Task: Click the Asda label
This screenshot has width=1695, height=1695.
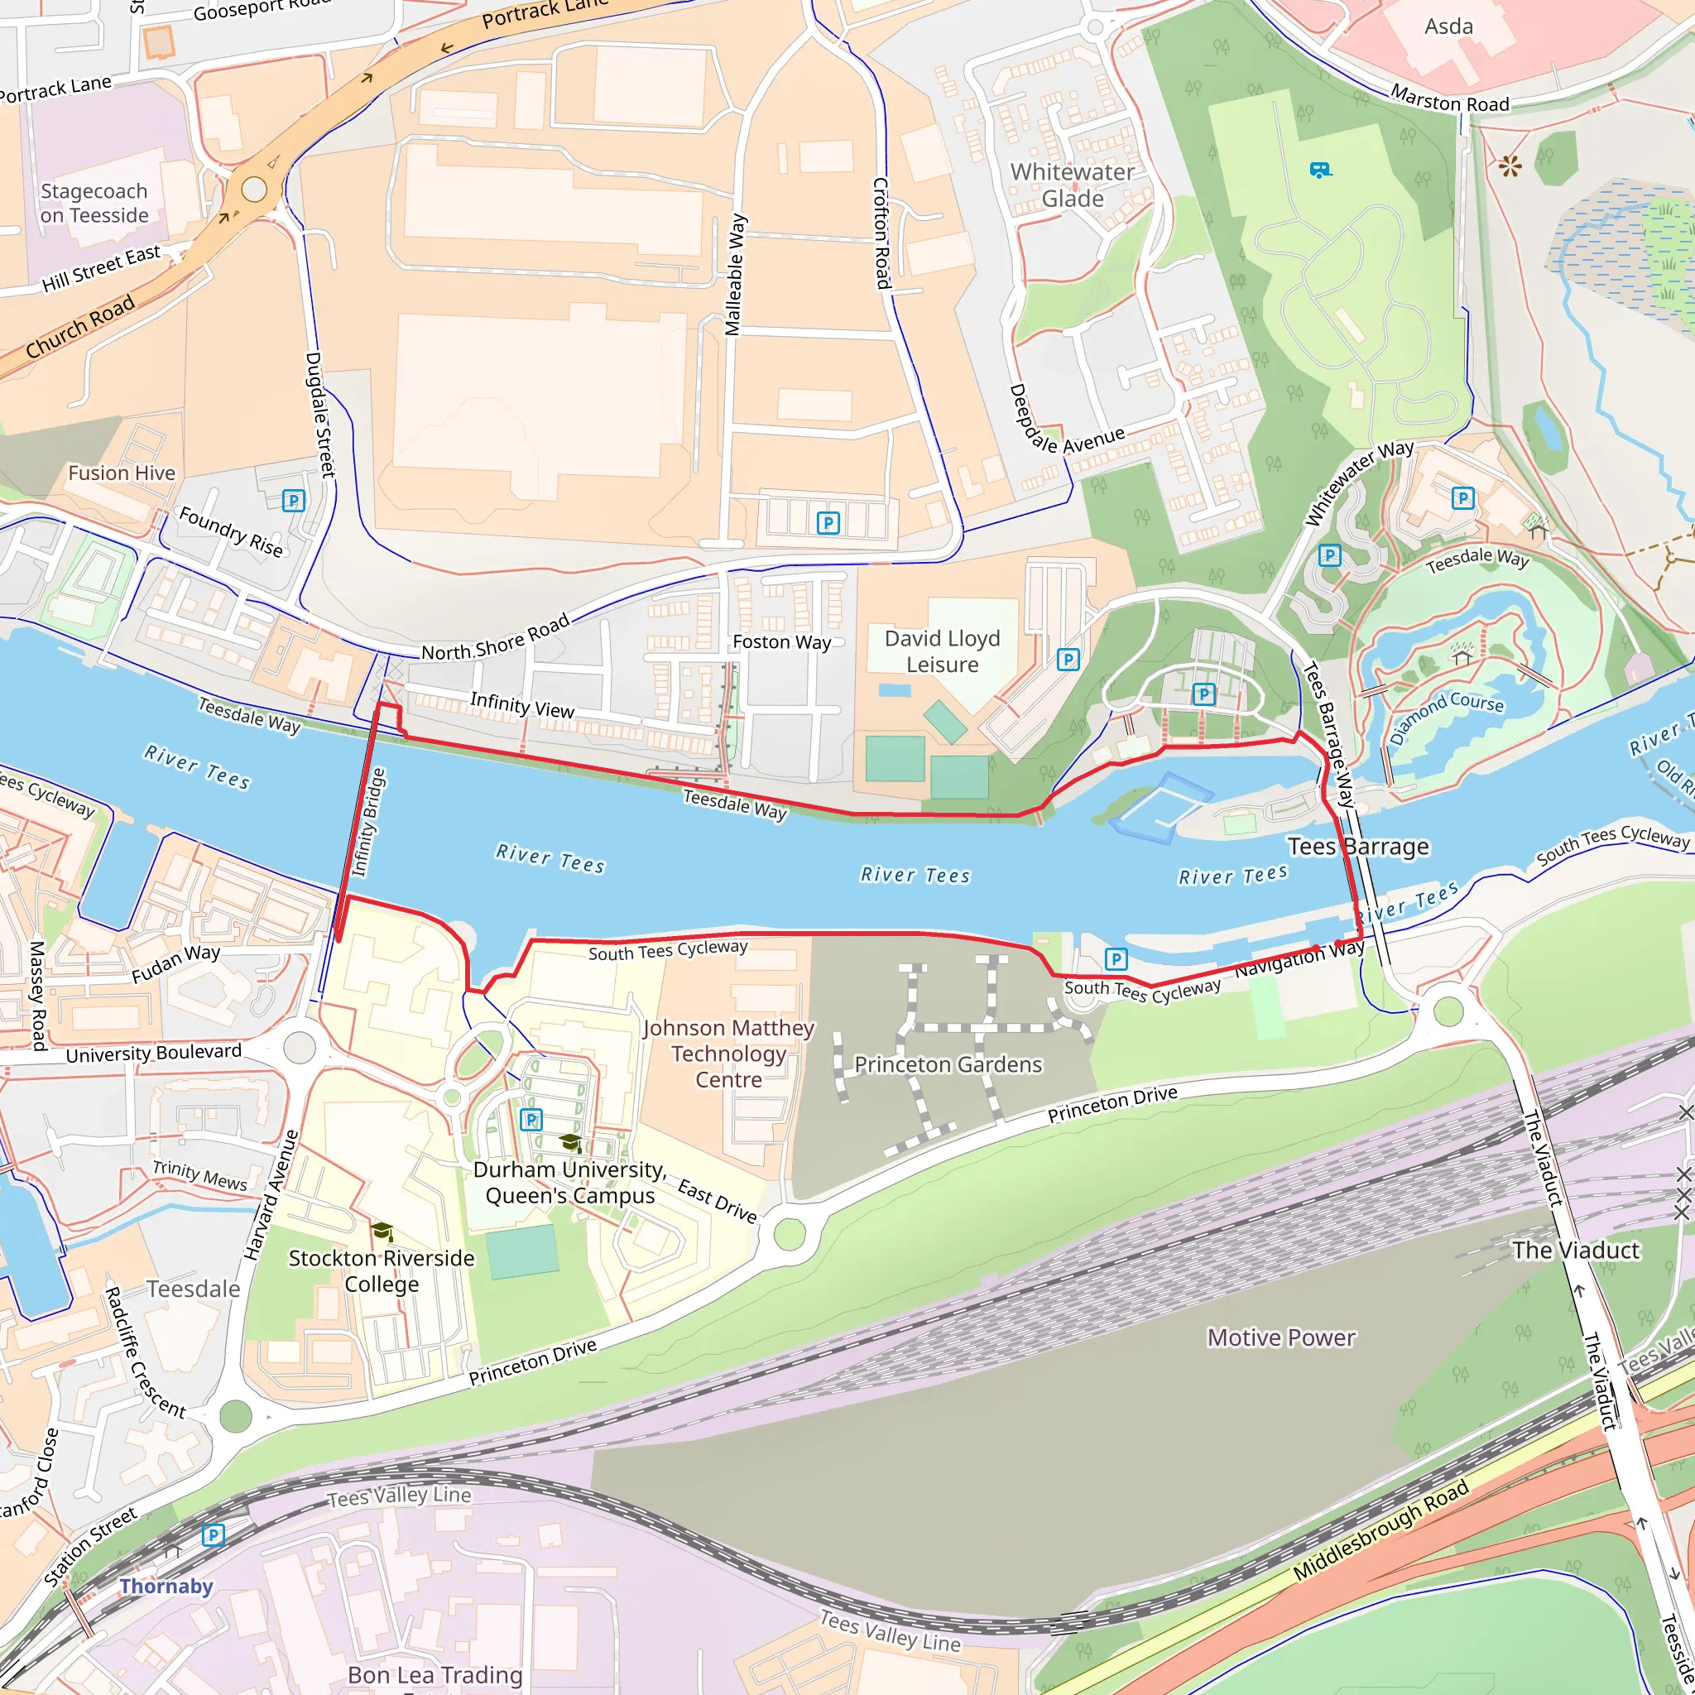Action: point(1448,26)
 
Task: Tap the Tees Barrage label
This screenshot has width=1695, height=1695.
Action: point(1358,847)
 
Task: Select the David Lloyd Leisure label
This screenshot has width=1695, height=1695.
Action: point(942,651)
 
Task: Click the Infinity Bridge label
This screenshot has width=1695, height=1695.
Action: point(368,822)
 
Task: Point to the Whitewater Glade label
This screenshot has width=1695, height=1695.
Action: point(1072,185)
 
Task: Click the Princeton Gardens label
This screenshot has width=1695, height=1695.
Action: point(948,1064)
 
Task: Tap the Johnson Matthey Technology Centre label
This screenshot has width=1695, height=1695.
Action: point(728,1054)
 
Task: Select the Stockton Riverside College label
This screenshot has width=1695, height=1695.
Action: point(382,1270)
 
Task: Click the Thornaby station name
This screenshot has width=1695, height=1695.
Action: point(166,1587)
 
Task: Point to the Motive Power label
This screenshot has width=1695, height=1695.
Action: point(1282,1337)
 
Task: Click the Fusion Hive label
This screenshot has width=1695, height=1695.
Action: point(122,473)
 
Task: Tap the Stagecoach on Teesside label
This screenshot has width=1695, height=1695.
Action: point(94,203)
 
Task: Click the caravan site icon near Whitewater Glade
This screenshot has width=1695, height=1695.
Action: point(1319,170)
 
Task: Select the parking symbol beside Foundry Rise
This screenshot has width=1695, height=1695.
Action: point(293,501)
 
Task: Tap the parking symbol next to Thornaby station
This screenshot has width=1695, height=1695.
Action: point(214,1534)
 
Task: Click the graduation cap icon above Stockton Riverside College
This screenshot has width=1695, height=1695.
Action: point(382,1232)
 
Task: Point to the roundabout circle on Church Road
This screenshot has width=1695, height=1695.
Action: point(254,189)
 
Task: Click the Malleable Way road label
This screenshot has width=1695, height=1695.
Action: point(735,275)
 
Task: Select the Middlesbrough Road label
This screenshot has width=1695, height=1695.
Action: point(1381,1531)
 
